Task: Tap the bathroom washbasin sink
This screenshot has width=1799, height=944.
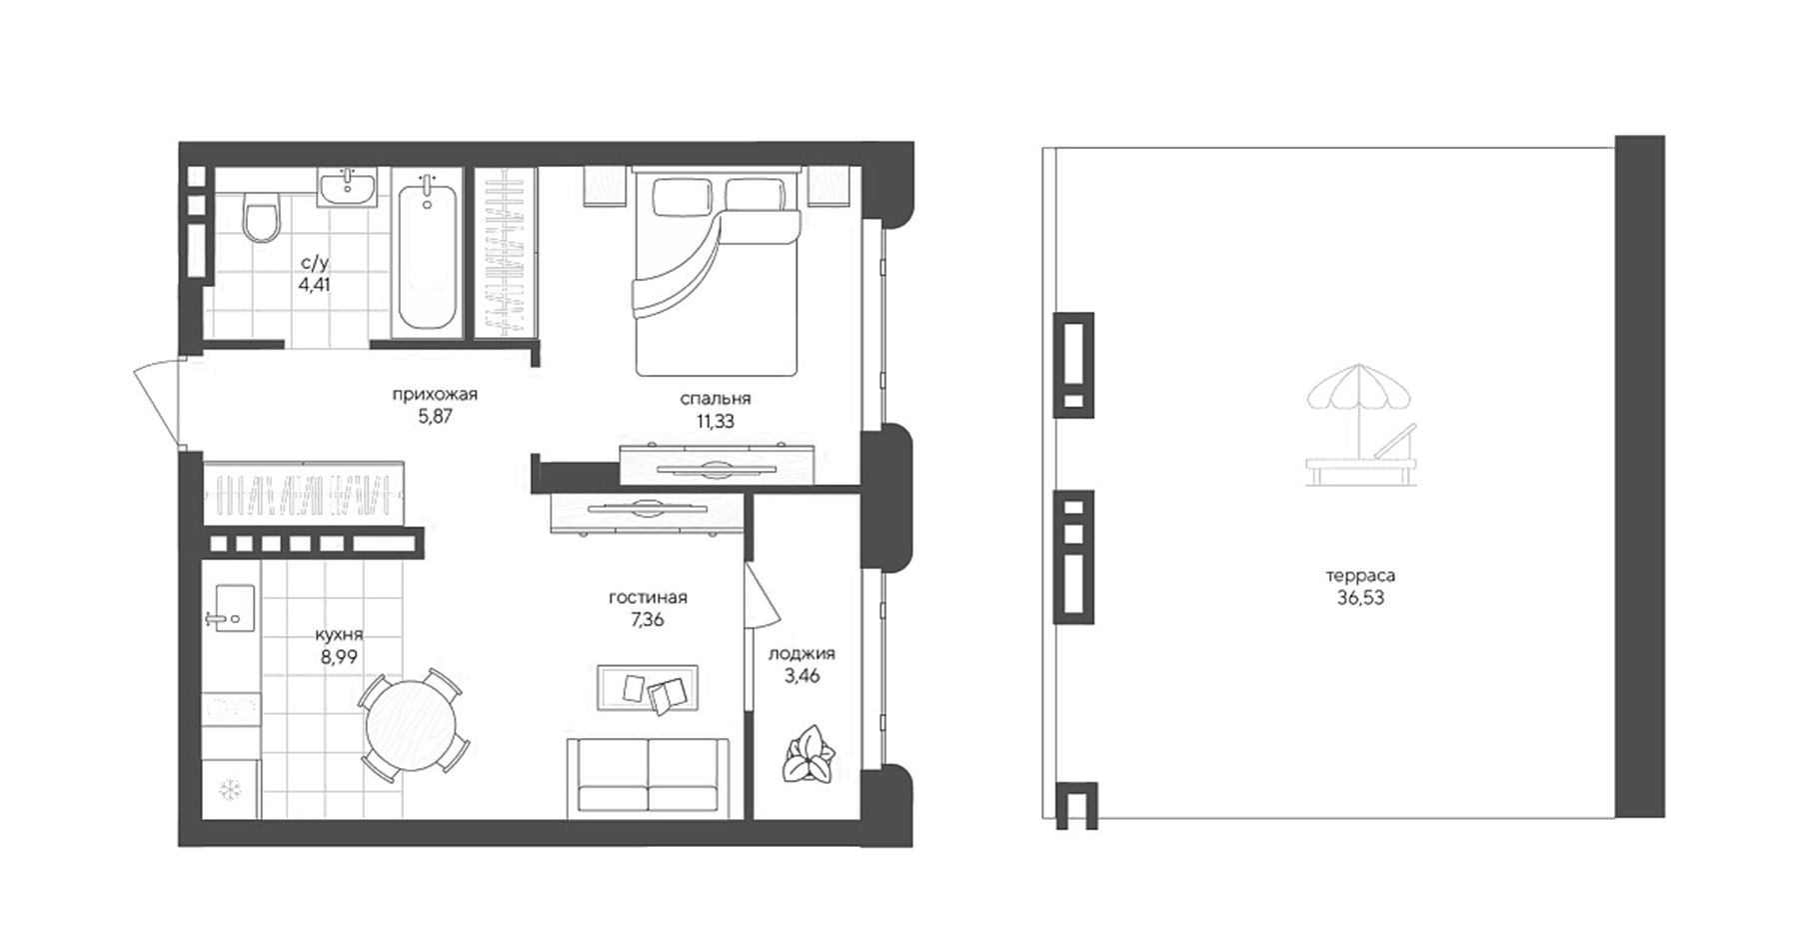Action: (x=347, y=187)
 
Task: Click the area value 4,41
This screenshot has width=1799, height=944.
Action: (x=314, y=284)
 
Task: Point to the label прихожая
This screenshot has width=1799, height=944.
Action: (x=435, y=394)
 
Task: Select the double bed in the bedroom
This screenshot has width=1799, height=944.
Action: (x=715, y=275)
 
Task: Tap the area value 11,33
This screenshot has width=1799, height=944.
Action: (x=716, y=421)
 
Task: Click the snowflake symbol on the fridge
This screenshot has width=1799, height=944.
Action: (x=231, y=790)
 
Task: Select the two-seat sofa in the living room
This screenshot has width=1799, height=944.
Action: (x=648, y=776)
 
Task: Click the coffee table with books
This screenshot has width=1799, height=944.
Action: (x=648, y=688)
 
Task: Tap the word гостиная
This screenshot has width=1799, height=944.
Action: (x=648, y=598)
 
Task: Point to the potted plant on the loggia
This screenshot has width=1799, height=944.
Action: (x=809, y=756)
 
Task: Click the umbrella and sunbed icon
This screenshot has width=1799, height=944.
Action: (x=1361, y=426)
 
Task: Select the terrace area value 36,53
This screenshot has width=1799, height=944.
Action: (x=1360, y=599)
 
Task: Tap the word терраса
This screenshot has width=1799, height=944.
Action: (x=1360, y=576)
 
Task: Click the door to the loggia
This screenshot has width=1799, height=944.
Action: (x=758, y=595)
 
